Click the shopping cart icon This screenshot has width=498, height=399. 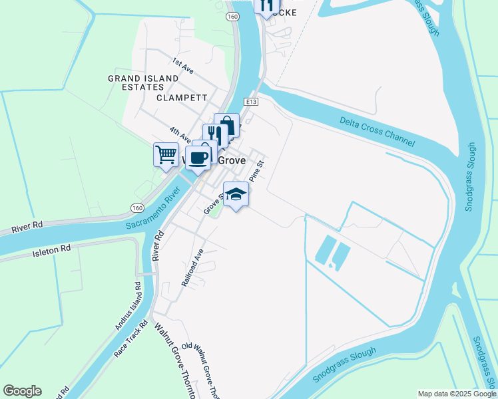(x=166, y=155)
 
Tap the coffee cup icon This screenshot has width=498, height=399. (x=198, y=158)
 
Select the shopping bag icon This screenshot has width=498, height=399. (x=227, y=125)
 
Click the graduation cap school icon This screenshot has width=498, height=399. (x=236, y=194)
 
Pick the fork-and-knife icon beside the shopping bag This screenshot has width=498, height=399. (x=214, y=135)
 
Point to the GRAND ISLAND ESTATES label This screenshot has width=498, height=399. (x=143, y=82)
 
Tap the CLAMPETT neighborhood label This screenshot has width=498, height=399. (x=178, y=97)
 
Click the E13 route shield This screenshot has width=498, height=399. (x=250, y=102)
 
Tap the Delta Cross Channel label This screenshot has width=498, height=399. (x=377, y=131)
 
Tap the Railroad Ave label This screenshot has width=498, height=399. (x=192, y=268)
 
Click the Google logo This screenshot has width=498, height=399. (x=22, y=391)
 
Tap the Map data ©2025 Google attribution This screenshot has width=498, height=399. (x=456, y=394)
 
